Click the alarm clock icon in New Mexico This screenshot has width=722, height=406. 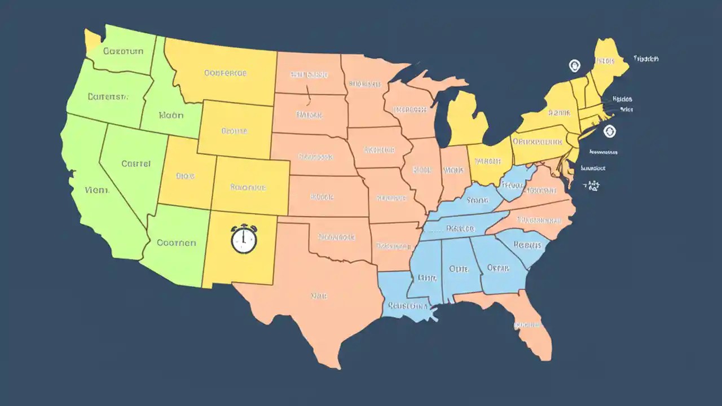pyautogui.click(x=244, y=239)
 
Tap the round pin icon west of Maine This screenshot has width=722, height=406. pyautogui.click(x=574, y=66)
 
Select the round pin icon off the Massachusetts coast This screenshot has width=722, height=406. pyautogui.click(x=609, y=132)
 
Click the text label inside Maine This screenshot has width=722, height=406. pyautogui.click(x=604, y=60)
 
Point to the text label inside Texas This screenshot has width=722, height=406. pyautogui.click(x=319, y=295)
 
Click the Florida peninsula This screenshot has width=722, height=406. pyautogui.click(x=533, y=327)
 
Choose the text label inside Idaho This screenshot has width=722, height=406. pyautogui.click(x=171, y=115)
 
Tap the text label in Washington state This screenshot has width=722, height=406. pyautogui.click(x=123, y=51)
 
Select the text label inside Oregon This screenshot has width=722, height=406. pyautogui.click(x=108, y=96)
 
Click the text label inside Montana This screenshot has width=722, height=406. pyautogui.click(x=225, y=73)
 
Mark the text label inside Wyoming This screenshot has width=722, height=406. pyautogui.click(x=234, y=131)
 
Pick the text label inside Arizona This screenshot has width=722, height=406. pyautogui.click(x=176, y=242)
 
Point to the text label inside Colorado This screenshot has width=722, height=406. pyautogui.click(x=248, y=187)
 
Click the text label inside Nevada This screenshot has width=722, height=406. pyautogui.click(x=136, y=164)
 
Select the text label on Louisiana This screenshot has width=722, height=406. pyautogui.click(x=407, y=306)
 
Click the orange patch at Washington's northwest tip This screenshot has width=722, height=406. pyautogui.click(x=92, y=37)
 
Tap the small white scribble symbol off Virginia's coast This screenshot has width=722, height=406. pyautogui.click(x=592, y=186)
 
